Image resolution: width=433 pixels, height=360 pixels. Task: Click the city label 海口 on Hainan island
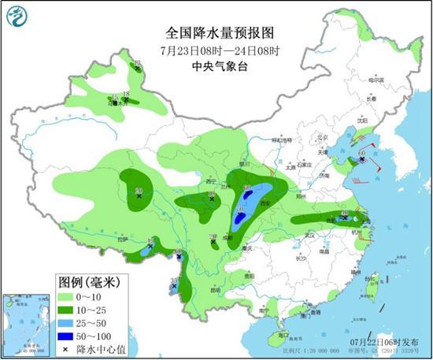pos(273,335)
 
